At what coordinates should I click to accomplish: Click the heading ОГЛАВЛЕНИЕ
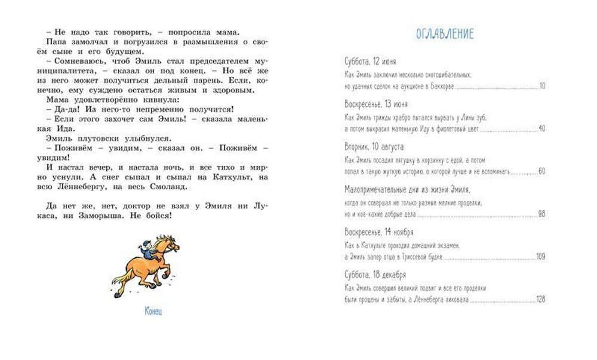click(x=445, y=34)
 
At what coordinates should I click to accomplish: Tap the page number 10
click(x=542, y=86)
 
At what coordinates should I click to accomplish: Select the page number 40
click(x=542, y=128)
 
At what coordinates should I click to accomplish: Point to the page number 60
click(x=542, y=171)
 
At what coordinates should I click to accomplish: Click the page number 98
click(x=542, y=214)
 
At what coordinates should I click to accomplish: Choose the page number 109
click(x=541, y=257)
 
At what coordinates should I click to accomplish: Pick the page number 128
click(x=541, y=300)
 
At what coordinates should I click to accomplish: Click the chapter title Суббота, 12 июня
click(x=370, y=61)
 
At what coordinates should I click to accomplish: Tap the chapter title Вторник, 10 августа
click(x=374, y=146)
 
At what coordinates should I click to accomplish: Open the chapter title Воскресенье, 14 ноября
click(x=379, y=232)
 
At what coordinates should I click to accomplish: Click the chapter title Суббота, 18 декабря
click(x=375, y=275)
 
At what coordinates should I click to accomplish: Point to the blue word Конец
click(x=153, y=311)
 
